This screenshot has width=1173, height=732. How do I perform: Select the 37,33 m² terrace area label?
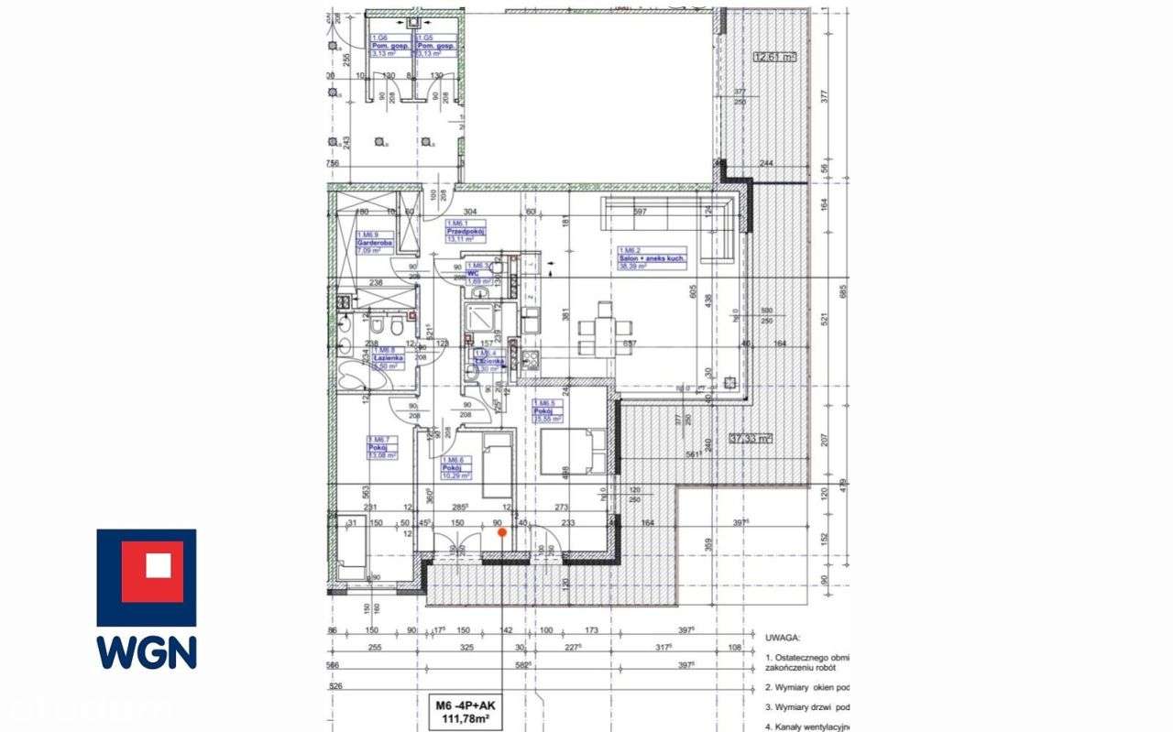pos(750,439)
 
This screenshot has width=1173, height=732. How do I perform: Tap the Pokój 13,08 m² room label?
pos(383,447)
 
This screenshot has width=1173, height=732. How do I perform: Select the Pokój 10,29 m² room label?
pos(455,468)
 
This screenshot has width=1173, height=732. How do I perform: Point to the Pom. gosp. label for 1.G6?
pos(389,45)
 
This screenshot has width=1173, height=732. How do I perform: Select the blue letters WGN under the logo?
pos(147,652)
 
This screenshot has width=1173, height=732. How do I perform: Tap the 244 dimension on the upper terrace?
pos(767,164)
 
